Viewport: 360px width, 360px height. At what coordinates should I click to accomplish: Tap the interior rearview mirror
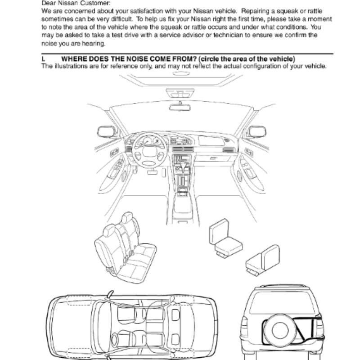(180, 107)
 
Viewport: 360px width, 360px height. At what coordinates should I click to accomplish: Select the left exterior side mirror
(107, 131)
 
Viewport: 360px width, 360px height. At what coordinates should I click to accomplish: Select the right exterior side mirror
(257, 131)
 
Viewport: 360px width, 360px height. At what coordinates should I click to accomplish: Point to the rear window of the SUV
(283, 302)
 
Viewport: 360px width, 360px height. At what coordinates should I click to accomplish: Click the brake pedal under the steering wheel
(152, 172)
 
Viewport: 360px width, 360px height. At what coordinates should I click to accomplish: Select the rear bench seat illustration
(125, 248)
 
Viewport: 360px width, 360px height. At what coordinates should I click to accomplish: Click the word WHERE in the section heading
(74, 59)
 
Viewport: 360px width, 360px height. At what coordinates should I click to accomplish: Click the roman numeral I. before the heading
(43, 59)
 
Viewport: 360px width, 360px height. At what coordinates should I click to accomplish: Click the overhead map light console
(180, 94)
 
